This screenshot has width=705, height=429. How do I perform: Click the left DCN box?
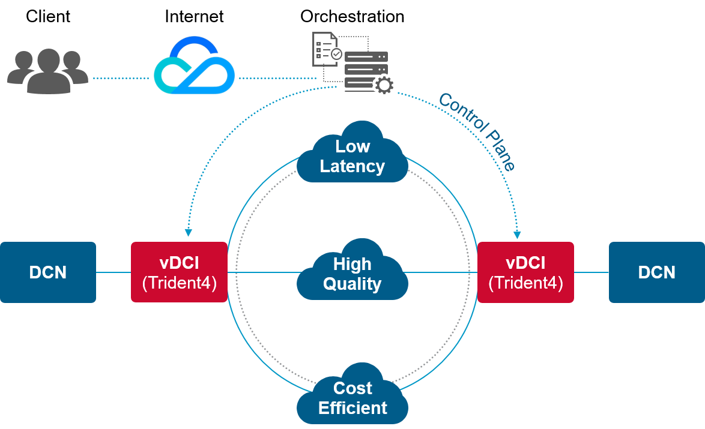tap(48, 272)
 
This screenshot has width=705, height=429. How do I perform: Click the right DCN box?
tap(656, 272)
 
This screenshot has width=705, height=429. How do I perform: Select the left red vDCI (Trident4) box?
tap(179, 272)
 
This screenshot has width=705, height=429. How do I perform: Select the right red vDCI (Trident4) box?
tap(525, 272)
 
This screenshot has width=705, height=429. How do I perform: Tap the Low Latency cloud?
tap(352, 155)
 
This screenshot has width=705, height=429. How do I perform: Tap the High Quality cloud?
tap(352, 273)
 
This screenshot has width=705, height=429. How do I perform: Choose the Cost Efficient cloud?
tap(352, 397)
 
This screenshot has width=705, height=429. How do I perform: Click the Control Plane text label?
tap(477, 131)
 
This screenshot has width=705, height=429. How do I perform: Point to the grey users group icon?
tap(47, 71)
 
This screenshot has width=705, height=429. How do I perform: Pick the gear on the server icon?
tap(384, 85)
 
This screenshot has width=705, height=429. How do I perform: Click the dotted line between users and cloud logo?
tap(120, 79)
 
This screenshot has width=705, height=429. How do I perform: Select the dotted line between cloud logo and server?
tap(276, 79)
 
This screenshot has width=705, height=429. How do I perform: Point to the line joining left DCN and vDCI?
tap(113, 272)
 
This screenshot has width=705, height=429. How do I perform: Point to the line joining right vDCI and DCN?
tap(592, 272)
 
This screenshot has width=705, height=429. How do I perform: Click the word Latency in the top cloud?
tap(352, 166)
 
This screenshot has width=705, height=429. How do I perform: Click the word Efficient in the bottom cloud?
tap(352, 408)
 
